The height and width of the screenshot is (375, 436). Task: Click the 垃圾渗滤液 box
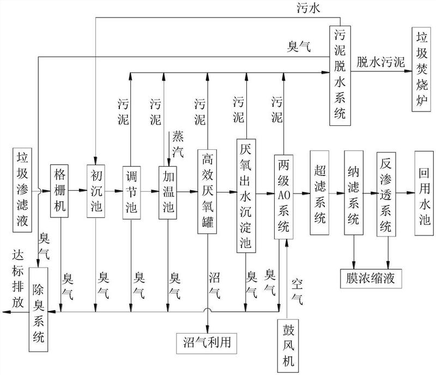point(22,190)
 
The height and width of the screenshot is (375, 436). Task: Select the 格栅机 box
point(59,191)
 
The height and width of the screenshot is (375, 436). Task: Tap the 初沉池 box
point(96,191)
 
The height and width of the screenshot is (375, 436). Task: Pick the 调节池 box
point(131,192)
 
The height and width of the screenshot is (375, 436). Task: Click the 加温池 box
point(168,192)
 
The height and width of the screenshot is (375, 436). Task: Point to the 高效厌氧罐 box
point(207,192)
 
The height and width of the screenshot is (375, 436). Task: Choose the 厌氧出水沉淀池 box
point(246,196)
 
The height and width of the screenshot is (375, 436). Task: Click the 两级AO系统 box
point(283,197)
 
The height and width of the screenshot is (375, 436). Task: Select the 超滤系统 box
point(319,193)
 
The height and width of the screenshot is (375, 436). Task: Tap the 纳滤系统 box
point(354,193)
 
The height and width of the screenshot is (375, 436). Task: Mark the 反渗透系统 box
point(386,194)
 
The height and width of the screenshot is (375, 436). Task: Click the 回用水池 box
point(424,193)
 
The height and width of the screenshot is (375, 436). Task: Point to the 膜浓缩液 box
point(371,279)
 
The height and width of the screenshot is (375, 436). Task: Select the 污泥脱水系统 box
point(340,76)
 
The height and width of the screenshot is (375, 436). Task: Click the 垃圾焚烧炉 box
point(421,69)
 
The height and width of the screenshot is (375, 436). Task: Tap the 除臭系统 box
point(38,310)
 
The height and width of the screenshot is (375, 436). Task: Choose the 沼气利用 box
point(207,343)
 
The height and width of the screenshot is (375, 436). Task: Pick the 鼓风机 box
point(288,346)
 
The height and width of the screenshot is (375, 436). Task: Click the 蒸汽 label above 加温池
point(178,144)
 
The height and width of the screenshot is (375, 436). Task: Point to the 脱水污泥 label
point(380,62)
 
